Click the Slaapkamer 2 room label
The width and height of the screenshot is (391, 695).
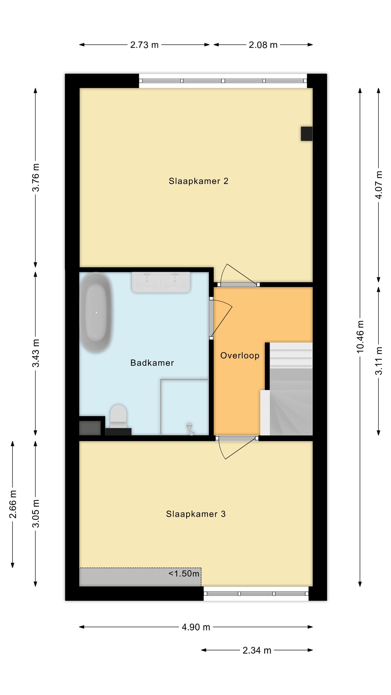[x=198, y=181]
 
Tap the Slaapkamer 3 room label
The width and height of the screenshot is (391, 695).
[x=196, y=514]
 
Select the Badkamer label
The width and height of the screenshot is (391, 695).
[x=152, y=363]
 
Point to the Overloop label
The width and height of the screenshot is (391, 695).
[x=240, y=356]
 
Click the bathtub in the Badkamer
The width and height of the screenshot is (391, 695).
[x=96, y=313]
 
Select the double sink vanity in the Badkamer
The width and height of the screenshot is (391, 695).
[x=161, y=282]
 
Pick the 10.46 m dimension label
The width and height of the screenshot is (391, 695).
[x=360, y=336]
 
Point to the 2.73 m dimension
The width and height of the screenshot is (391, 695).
[x=144, y=45]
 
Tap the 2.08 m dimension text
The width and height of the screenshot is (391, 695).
[x=263, y=45]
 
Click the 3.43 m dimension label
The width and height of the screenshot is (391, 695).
[x=36, y=353]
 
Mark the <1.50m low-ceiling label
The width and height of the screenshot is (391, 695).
[x=184, y=573]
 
